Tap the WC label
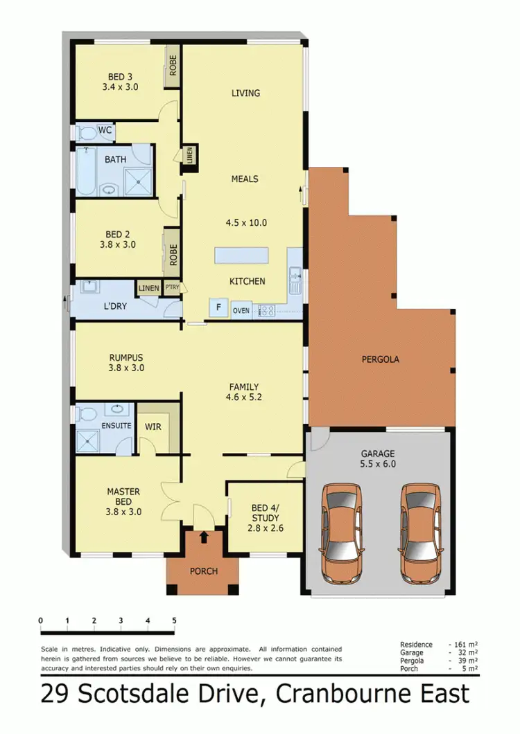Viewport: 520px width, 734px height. click(x=105, y=129)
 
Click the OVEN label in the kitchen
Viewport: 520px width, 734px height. click(x=241, y=310)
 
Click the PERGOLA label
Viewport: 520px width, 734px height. click(x=381, y=359)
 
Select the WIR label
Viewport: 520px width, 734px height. click(x=153, y=427)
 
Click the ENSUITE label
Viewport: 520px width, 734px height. click(x=116, y=425)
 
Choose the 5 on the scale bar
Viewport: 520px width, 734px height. click(x=174, y=620)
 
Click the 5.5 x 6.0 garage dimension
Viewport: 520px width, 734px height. click(x=379, y=465)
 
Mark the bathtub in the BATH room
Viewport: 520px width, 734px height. click(x=87, y=172)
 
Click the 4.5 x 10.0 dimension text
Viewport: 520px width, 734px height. click(x=246, y=223)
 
